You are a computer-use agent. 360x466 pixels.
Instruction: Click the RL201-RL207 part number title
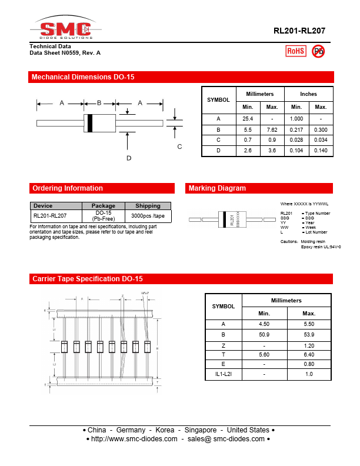coord(299,31)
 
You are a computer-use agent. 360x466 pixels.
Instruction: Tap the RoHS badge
coord(295,51)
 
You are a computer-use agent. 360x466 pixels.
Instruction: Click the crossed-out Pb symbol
coord(318,51)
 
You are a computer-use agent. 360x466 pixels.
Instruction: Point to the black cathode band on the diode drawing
coord(89,123)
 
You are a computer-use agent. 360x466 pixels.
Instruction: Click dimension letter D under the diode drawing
coord(128,158)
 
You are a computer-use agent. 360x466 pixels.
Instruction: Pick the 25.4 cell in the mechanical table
coord(248,118)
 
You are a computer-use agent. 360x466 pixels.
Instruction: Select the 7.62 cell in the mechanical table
coord(272,129)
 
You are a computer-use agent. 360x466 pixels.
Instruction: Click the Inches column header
coord(308,94)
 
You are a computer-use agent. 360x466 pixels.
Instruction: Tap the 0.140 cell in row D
coord(321,151)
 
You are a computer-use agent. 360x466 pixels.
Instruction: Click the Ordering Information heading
coord(68,188)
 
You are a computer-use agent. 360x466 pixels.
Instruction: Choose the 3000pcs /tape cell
coord(148,216)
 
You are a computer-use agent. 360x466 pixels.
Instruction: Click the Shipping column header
coord(148,206)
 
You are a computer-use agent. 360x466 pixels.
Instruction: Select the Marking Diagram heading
coord(216,188)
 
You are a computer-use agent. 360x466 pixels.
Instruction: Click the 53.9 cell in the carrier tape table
coord(308,334)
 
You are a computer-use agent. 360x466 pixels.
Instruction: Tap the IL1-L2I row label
coord(223,374)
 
